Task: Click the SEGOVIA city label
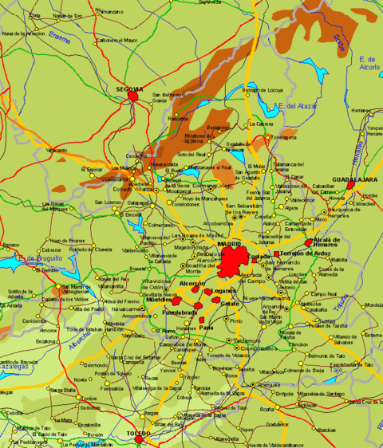point(129,88)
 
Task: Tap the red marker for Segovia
point(133,97)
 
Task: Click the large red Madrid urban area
point(237,261)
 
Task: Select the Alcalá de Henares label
point(327,242)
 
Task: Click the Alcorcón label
point(192,284)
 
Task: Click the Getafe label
point(229,304)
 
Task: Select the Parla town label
point(206,326)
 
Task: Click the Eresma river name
point(61,37)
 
